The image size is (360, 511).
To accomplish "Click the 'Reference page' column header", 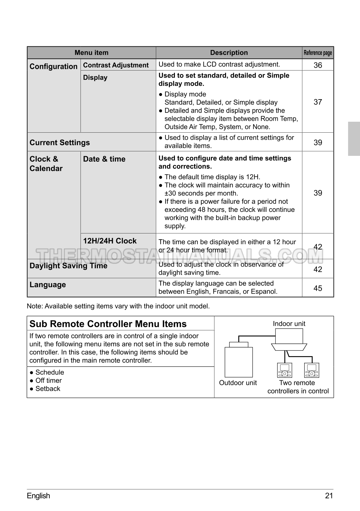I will click(317, 53).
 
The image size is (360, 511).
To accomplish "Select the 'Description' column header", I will click(229, 53).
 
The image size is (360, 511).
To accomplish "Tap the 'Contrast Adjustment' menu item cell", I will click(116, 65).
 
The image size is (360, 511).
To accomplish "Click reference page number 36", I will click(318, 65).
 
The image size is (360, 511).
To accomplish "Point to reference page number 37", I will click(318, 102).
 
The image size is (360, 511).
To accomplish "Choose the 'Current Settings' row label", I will click(60, 143).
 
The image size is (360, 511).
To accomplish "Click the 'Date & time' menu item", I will click(104, 159).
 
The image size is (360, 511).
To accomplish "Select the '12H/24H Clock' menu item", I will click(110, 241).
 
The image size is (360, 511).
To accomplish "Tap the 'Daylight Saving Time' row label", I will click(68, 266).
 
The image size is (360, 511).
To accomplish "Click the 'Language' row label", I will click(48, 285).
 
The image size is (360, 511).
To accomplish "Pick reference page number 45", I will click(318, 288).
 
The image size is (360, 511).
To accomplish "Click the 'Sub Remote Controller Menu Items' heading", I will click(108, 324).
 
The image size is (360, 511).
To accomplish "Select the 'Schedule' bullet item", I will click(50, 373).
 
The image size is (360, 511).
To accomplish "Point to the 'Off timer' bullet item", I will click(48, 381).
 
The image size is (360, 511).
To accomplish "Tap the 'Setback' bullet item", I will click(48, 389).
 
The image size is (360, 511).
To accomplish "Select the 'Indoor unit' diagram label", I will click(289, 324).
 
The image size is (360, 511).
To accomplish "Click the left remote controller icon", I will click(285, 370).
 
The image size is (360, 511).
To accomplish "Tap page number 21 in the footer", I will click(329, 496).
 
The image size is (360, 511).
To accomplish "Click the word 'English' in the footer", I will click(39, 496).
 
